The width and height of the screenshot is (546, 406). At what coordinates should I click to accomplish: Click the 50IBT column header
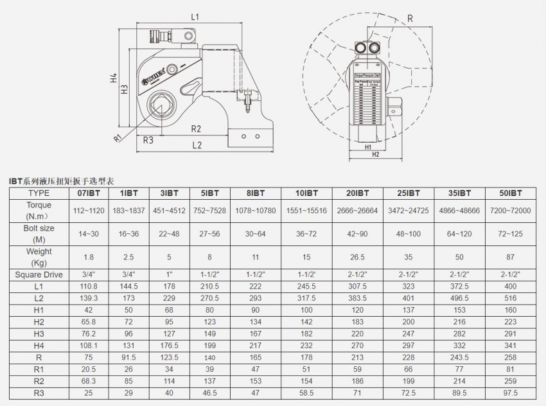(511, 193)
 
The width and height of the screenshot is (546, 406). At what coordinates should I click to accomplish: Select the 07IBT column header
(88, 193)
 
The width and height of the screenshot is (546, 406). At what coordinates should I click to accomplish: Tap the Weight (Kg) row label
(39, 256)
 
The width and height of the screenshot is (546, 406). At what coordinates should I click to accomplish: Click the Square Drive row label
(39, 274)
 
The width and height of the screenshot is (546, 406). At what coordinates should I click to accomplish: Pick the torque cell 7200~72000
(511, 211)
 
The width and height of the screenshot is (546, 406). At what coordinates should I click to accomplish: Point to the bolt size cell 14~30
(88, 234)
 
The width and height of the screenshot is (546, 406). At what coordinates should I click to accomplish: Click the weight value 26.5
(357, 257)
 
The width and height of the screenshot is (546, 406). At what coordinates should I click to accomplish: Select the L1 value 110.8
(88, 286)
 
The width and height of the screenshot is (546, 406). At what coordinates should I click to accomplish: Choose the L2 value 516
(511, 298)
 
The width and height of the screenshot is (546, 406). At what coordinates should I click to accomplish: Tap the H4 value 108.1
(88, 345)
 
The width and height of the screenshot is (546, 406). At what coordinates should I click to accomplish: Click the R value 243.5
(460, 357)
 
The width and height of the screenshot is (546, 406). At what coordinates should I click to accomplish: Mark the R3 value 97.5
(511, 392)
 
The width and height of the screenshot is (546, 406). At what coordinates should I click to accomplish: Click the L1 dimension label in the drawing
(195, 17)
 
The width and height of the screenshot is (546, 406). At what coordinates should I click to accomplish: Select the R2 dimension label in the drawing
(196, 128)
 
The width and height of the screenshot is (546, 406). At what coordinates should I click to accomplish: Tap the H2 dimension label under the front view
(375, 154)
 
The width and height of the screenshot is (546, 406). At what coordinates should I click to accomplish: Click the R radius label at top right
(410, 19)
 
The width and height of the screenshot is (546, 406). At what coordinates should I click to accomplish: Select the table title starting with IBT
(61, 181)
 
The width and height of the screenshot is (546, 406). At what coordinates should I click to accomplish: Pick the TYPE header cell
(39, 193)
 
